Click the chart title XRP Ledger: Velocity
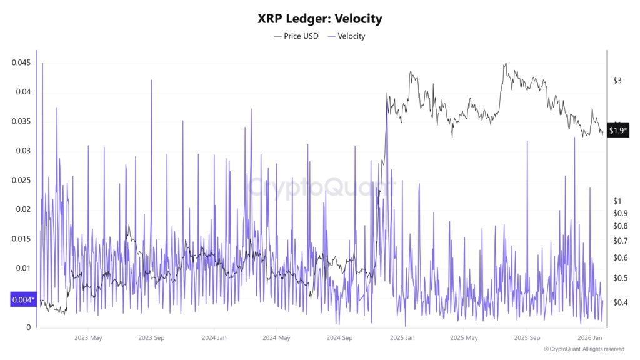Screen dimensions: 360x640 click(319, 19)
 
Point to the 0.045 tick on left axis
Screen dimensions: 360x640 click(21, 62)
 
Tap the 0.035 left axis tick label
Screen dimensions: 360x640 click(21, 121)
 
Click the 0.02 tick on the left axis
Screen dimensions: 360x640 click(23, 209)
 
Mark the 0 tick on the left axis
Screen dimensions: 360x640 click(29, 327)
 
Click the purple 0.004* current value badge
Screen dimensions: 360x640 click(23, 300)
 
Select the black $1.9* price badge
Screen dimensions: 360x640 click(618, 131)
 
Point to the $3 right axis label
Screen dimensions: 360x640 click(617, 81)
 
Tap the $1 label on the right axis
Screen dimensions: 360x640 click(617, 201)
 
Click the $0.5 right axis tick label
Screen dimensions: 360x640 click(621, 277)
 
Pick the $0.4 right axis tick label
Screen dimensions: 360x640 click(621, 302)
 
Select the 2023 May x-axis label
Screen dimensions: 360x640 click(88, 338)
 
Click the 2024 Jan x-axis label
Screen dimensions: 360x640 click(214, 338)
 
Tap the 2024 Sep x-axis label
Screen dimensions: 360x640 click(339, 338)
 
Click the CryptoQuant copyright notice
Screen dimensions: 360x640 click(584, 349)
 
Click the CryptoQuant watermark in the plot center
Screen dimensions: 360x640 click(320, 186)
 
